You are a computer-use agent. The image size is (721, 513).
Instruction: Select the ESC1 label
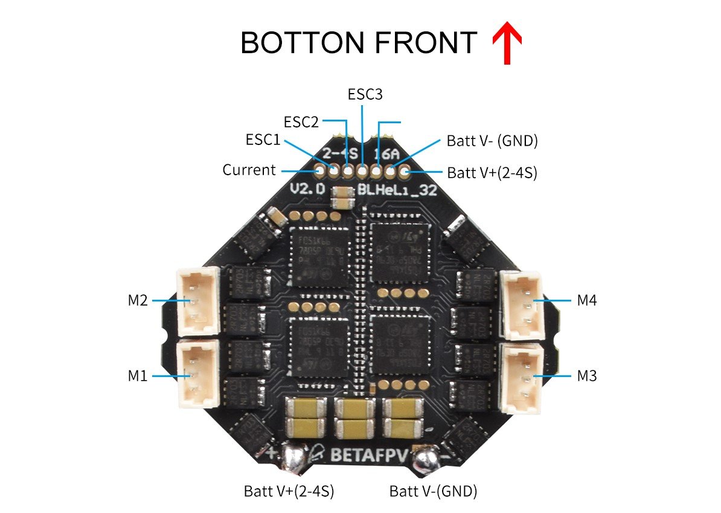point(263,140)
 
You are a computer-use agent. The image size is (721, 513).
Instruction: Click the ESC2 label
point(301,121)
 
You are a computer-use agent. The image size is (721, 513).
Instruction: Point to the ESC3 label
point(365,94)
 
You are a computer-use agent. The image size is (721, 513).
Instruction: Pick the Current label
point(249,170)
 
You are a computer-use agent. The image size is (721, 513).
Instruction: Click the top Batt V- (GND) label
point(492,141)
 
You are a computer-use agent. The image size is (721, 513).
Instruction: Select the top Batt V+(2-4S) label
point(492,173)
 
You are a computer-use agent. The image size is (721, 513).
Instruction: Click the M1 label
point(138,376)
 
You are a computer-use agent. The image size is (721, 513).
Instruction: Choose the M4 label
point(587,300)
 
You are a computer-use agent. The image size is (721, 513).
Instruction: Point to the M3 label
point(587,376)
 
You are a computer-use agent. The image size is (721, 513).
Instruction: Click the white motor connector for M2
point(196,302)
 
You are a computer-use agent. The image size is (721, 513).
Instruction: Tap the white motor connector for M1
point(196,375)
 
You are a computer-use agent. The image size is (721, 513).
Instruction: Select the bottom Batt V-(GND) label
point(433,491)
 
